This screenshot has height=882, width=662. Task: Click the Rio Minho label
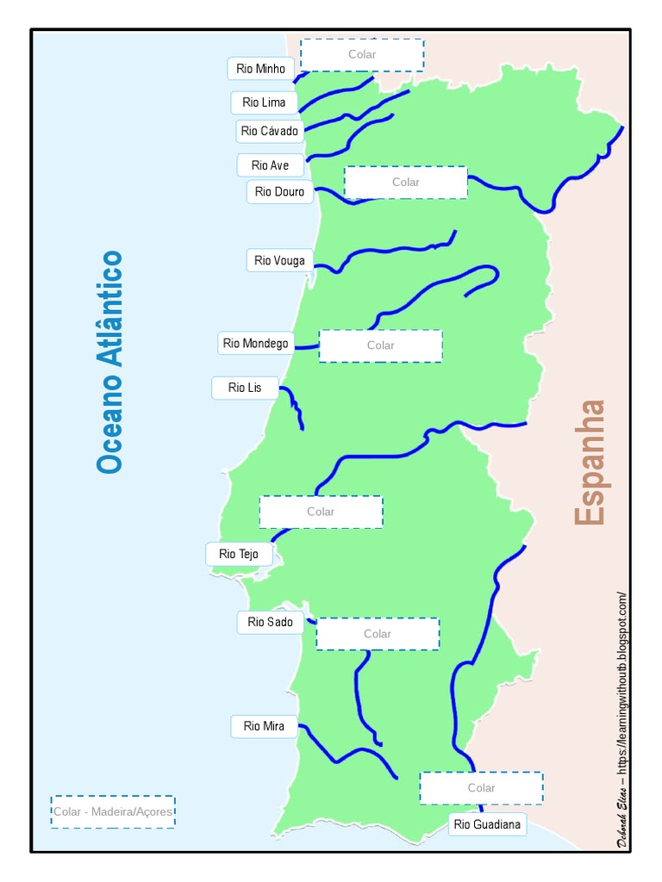[261, 69]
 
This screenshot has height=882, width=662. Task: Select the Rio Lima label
[264, 102]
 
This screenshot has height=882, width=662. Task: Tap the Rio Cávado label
[269, 131]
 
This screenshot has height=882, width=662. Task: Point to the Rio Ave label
[270, 165]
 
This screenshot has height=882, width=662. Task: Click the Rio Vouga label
[279, 260]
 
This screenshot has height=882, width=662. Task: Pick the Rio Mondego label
[255, 344]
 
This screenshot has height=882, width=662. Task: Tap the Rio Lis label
[245, 388]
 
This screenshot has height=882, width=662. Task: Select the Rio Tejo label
[239, 554]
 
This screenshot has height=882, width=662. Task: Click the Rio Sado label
[270, 622]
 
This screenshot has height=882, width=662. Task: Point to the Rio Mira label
[264, 726]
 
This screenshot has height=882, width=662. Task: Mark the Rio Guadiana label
[487, 824]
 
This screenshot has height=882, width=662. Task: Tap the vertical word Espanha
[591, 463]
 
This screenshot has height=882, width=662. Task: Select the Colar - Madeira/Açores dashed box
[113, 811]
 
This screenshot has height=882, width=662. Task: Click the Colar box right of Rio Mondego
[380, 345]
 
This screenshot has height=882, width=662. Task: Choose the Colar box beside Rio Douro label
[405, 183]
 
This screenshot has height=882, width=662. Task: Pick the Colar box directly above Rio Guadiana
[481, 788]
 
